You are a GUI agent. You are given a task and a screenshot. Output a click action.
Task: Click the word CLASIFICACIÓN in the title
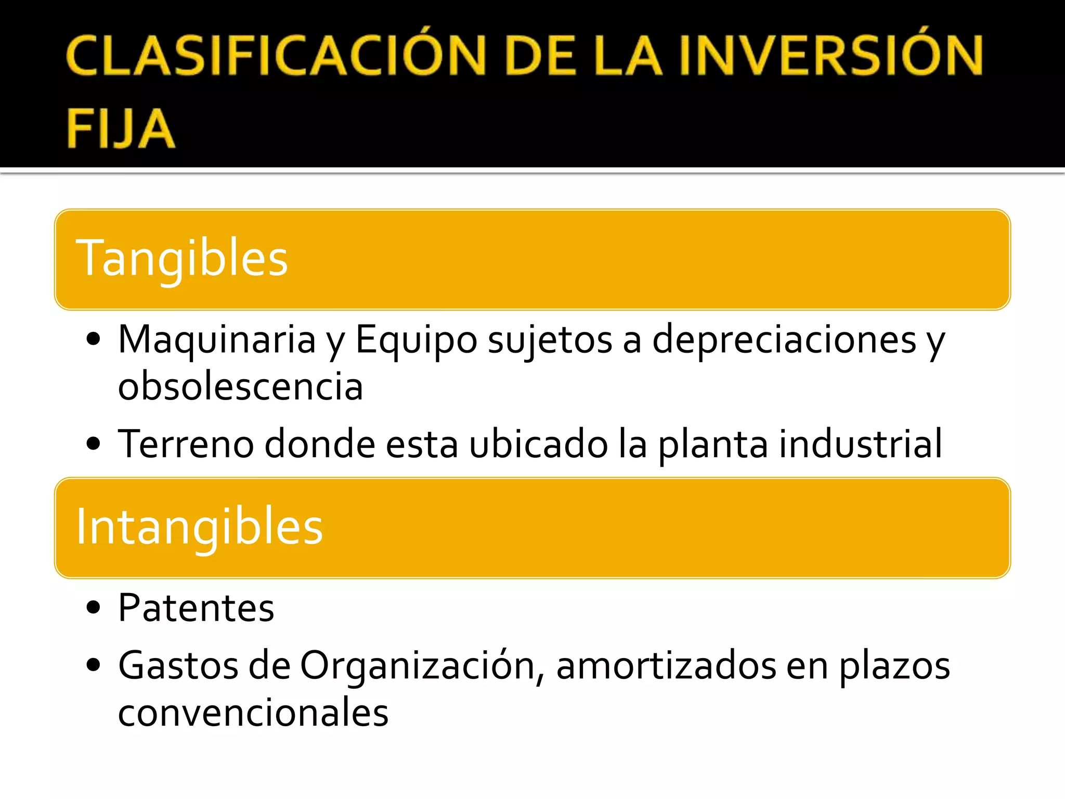point(276,56)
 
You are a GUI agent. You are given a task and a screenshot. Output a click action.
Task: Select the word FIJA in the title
point(121,129)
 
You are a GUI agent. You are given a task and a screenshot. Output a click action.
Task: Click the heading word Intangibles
point(200,527)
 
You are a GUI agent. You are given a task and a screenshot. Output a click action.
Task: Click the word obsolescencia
point(240,387)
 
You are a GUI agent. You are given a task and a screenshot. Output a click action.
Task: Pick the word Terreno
point(186,445)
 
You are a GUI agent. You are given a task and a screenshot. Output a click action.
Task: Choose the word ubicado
point(538,445)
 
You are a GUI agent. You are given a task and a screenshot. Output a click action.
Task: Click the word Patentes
point(196,609)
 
